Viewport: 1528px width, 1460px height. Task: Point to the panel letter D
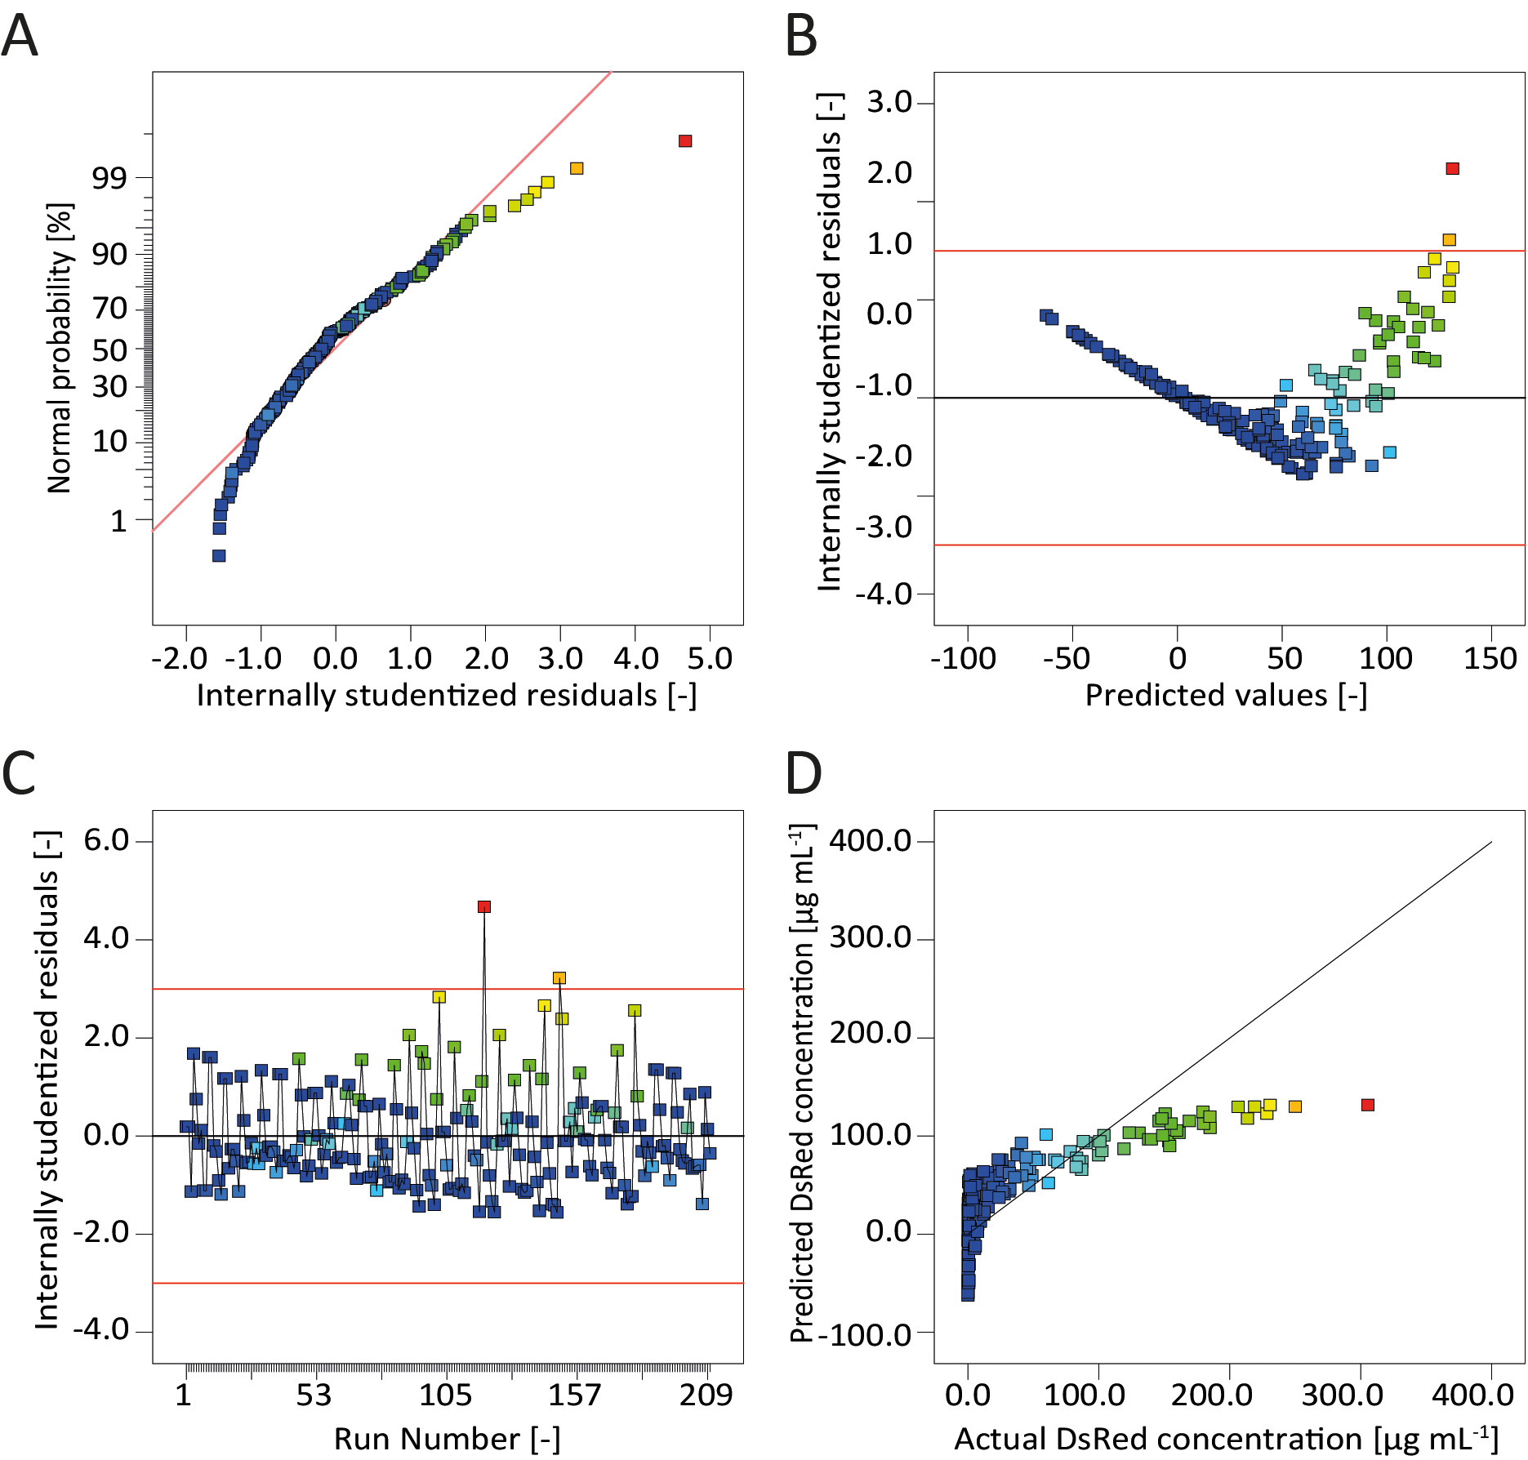click(x=803, y=773)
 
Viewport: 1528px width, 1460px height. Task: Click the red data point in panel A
click(x=685, y=141)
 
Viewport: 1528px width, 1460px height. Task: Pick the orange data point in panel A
click(x=577, y=168)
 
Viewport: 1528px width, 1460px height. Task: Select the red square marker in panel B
click(x=1452, y=169)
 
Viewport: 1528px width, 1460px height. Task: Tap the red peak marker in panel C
click(x=484, y=906)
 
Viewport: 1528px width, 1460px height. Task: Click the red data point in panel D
click(x=1368, y=1105)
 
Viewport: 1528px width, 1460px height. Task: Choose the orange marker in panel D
click(x=1294, y=1106)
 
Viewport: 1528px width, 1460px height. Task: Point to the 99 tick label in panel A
click(x=109, y=178)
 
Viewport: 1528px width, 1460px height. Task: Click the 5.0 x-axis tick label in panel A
click(x=710, y=658)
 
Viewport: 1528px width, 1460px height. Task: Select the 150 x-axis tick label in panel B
click(x=1490, y=658)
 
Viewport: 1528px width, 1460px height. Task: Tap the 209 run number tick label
click(x=706, y=1395)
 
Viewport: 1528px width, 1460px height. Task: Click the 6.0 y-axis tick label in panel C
click(x=106, y=840)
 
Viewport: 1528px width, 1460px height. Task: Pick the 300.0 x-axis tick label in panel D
click(x=1343, y=1395)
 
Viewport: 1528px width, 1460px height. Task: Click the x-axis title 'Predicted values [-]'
click(x=1226, y=695)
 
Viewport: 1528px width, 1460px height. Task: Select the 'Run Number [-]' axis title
click(x=447, y=1439)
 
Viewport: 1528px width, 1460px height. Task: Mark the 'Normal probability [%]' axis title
click(x=59, y=348)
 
